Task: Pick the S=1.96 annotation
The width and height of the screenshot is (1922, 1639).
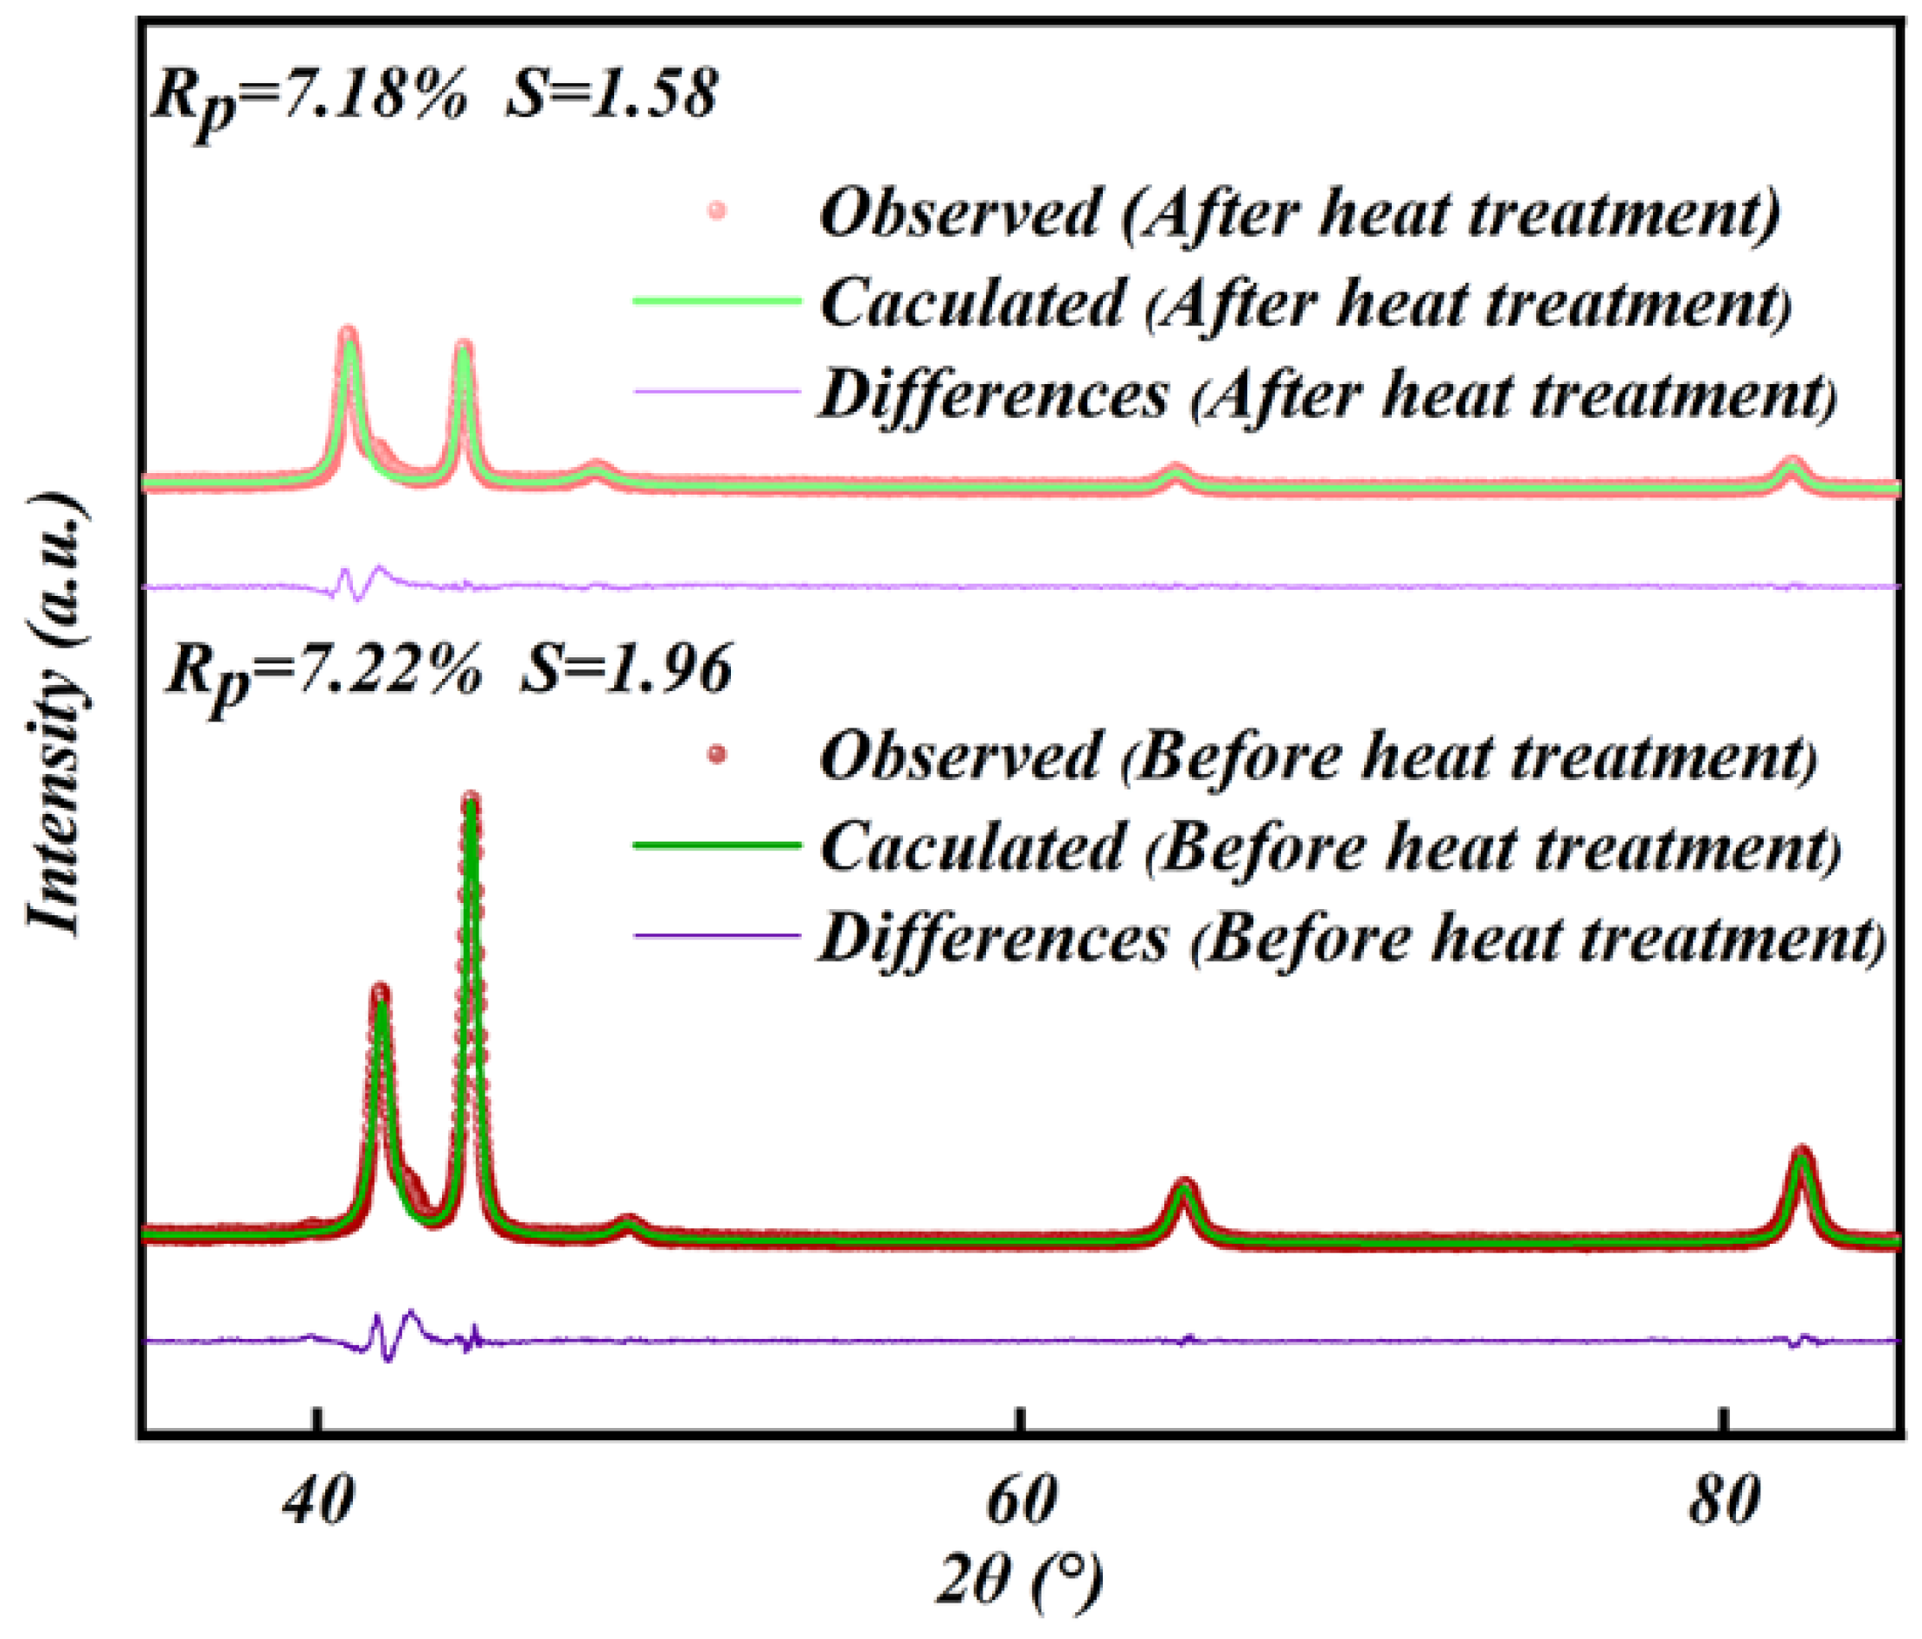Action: (626, 669)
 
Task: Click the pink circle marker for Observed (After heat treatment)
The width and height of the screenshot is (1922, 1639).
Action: (716, 212)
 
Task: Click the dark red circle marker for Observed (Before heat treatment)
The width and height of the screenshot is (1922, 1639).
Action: (716, 755)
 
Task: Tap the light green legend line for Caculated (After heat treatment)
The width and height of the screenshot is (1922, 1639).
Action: (716, 300)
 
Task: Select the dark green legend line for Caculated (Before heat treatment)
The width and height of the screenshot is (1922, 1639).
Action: (716, 845)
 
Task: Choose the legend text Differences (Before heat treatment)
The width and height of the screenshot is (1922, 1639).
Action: (1351, 938)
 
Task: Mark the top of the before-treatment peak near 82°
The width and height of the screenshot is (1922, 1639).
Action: (1802, 1154)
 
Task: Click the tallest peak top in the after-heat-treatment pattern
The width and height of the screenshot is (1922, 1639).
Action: (349, 334)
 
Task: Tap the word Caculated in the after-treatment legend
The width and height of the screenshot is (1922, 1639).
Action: (971, 303)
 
